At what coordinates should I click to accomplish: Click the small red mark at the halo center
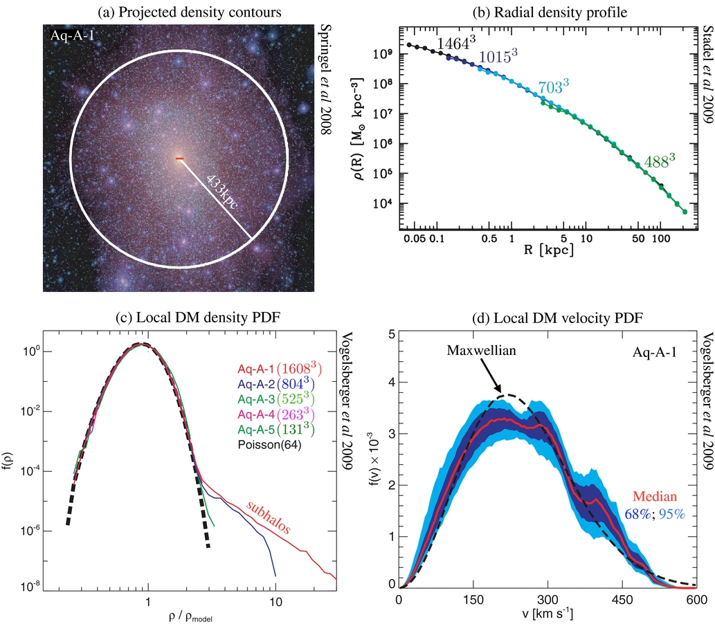179,159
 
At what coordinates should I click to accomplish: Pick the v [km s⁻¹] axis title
547,614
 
